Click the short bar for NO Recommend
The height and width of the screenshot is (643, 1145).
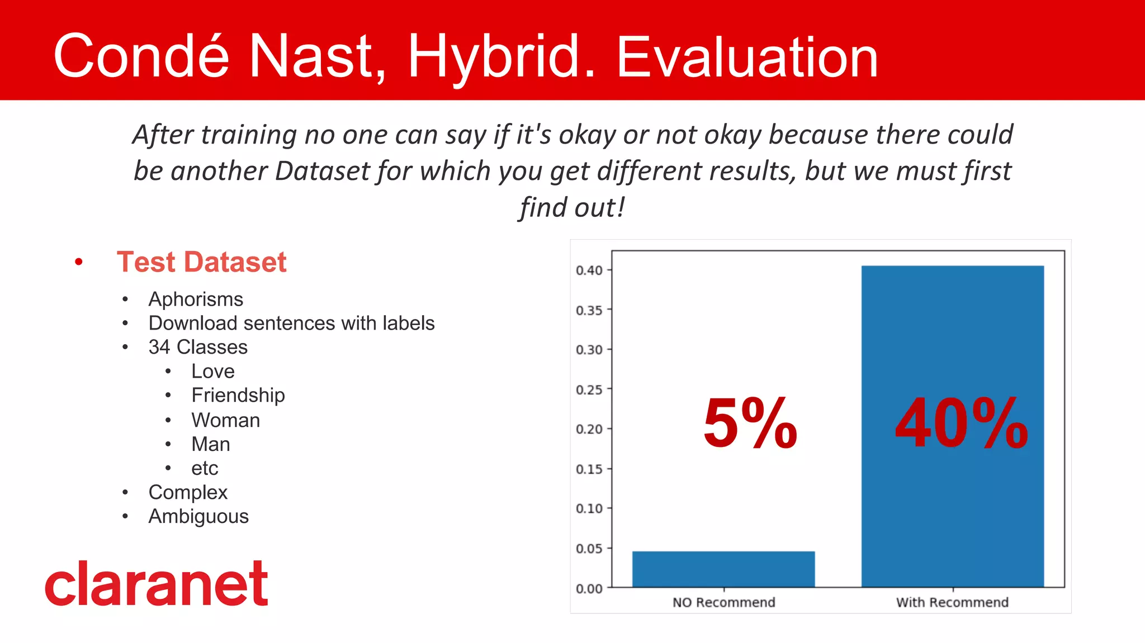pos(723,569)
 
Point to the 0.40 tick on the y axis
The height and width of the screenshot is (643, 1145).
pos(589,270)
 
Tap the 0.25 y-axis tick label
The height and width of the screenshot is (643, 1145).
pos(589,389)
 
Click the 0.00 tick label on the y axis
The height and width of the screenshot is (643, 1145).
pos(589,588)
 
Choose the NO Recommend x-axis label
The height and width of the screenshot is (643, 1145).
pos(723,602)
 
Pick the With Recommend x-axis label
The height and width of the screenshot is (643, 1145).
pos(952,602)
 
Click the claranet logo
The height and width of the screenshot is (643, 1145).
pos(157,584)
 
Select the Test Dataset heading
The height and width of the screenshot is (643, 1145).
pos(201,262)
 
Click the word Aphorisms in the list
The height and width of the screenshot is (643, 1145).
pos(196,299)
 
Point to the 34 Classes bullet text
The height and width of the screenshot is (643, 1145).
pos(198,347)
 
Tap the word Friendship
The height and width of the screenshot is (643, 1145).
pos(238,395)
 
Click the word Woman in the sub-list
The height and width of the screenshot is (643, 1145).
pos(225,420)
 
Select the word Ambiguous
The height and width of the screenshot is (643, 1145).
pos(198,516)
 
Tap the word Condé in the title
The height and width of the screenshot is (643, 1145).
pos(141,56)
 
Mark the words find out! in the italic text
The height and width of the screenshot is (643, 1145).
pos(571,207)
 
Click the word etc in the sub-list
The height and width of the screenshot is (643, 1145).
pos(205,468)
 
